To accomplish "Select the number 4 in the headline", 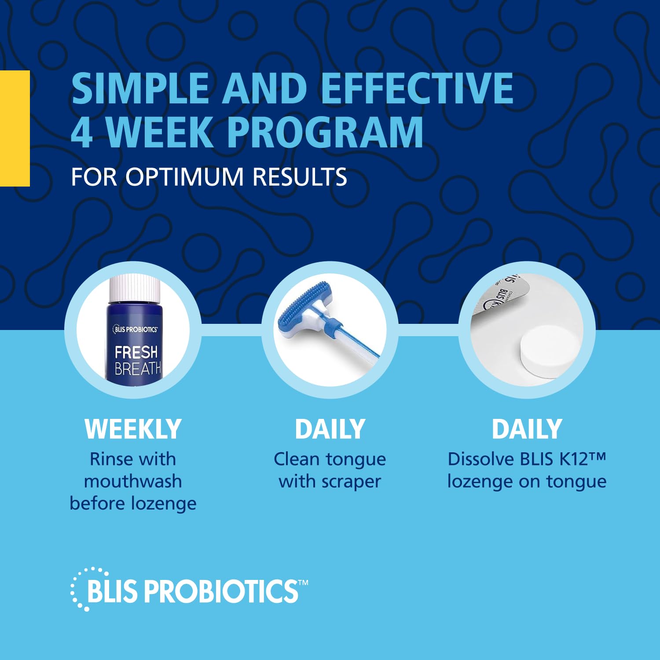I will (82, 132).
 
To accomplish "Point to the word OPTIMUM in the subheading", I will (184, 177).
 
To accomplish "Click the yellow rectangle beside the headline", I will (15, 128).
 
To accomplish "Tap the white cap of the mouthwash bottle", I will (135, 288).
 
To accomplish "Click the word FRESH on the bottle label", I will (136, 352).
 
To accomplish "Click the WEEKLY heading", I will (133, 429).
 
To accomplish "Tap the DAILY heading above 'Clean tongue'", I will (330, 429).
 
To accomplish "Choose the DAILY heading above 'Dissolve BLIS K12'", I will (527, 429).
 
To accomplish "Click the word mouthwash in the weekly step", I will (133, 481).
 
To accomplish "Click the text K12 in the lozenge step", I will (574, 459).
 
